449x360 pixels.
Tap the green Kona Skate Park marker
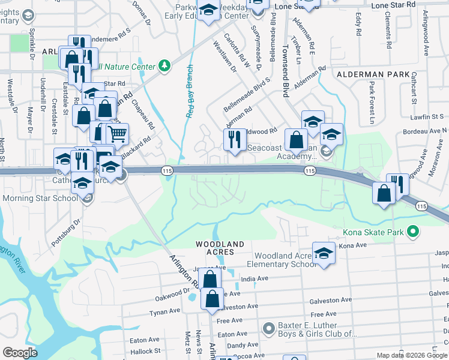click(x=412, y=231)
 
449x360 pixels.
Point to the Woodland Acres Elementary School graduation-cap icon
click(x=324, y=254)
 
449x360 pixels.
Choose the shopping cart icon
click(x=118, y=134)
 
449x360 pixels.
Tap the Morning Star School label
click(x=38, y=197)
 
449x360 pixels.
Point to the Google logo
click(x=20, y=353)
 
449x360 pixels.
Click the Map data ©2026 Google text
click(x=411, y=355)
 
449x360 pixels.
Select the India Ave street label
click(x=254, y=279)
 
